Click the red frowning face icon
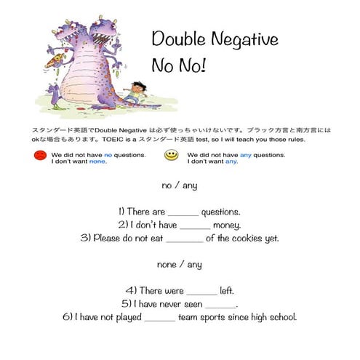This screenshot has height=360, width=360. (x=39, y=156)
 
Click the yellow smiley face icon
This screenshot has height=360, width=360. (x=171, y=156)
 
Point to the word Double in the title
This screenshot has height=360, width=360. (x=175, y=39)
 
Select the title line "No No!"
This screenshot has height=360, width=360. (x=178, y=65)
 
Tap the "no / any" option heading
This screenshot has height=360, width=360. (x=179, y=185)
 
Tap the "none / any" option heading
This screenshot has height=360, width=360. (x=179, y=264)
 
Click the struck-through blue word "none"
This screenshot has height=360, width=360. (x=97, y=161)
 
